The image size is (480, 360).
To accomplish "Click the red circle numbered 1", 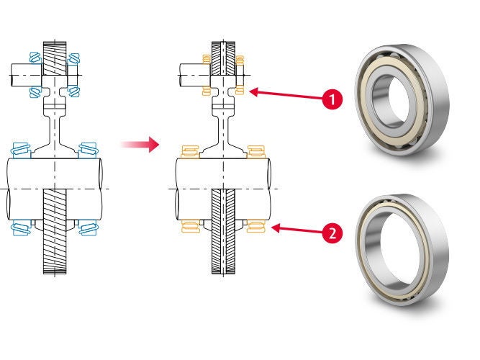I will coord(331,100).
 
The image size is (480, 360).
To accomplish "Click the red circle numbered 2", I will coord(331,233).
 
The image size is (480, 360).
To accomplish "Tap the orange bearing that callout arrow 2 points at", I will coord(256,228).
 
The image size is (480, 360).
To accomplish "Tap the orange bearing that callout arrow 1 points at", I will coord(239,91).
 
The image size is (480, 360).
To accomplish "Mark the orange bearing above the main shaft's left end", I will coord(189,151).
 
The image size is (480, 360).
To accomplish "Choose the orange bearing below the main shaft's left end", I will coord(189,228).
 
